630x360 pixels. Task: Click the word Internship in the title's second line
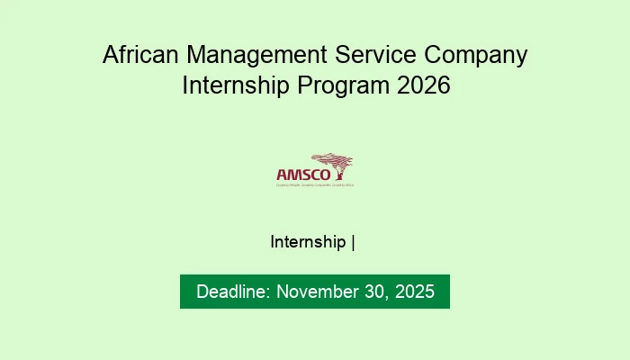pyautogui.click(x=234, y=88)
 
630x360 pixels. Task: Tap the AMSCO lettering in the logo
pyautogui.click(x=295, y=174)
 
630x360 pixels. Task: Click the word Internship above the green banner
pyautogui.click(x=308, y=242)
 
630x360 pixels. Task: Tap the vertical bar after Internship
pyautogui.click(x=354, y=242)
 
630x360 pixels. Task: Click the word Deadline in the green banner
pyautogui.click(x=231, y=292)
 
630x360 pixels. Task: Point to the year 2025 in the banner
pyautogui.click(x=413, y=292)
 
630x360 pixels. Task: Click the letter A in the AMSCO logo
pyautogui.click(x=281, y=174)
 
